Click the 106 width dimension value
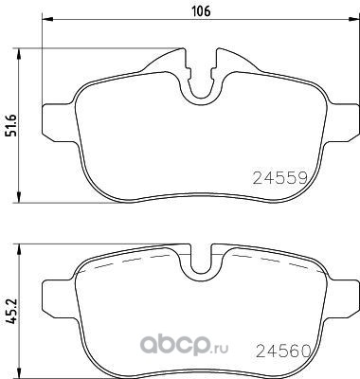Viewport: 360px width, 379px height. (202, 11)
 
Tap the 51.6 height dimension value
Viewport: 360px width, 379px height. (12, 125)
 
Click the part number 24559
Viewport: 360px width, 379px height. (280, 178)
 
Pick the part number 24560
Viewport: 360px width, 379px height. (283, 351)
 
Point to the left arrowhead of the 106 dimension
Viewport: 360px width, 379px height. (48, 19)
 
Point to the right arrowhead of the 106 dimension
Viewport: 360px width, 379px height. (353, 19)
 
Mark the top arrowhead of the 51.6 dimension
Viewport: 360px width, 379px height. (19, 54)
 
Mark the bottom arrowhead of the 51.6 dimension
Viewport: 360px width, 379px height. (19, 196)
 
